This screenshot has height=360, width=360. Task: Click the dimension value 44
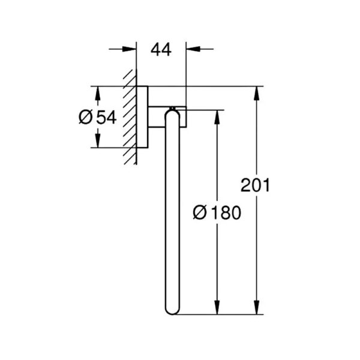pos(161,50)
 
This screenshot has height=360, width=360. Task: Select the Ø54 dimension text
pos(98,117)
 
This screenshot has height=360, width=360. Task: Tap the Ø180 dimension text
pos(217,212)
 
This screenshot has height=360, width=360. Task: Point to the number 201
pos(255,185)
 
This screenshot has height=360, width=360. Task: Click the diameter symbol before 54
pos(85,117)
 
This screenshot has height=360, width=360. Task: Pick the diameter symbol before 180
pos(200,212)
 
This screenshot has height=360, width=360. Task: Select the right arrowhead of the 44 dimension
pos(193,49)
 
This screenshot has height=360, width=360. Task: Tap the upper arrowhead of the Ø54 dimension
pos(98,93)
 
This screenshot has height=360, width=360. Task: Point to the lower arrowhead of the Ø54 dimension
pos(98,140)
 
